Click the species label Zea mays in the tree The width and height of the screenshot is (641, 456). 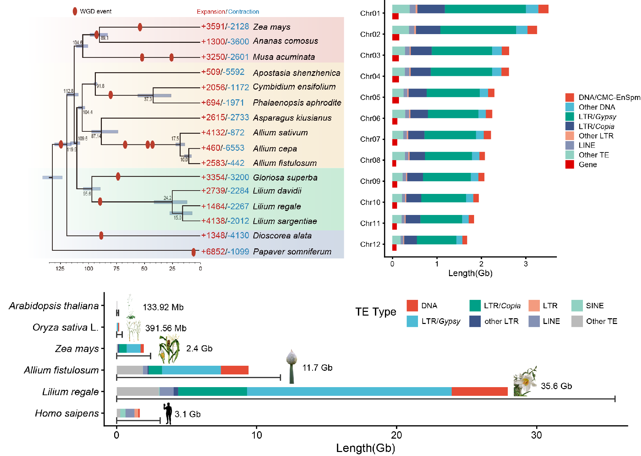coord(271,27)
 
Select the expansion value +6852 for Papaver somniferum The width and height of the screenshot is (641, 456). coord(213,251)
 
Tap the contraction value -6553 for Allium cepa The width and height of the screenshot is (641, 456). coord(236,148)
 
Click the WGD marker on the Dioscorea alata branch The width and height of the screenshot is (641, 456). coord(101,236)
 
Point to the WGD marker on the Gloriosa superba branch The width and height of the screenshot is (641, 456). coord(118,176)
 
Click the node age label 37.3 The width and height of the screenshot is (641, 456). coord(148,99)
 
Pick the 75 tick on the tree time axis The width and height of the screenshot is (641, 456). coord(116,268)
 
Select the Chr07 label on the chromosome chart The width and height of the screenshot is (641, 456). coord(370,139)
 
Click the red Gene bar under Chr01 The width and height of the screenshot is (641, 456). coord(395,16)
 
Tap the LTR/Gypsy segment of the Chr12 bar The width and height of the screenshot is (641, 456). coord(436,240)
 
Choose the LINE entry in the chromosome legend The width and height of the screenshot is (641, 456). coord(587,145)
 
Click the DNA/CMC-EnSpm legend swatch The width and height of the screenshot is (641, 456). coord(570,97)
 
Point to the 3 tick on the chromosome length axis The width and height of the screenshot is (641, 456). coord(525,264)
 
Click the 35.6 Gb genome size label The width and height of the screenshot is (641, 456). coord(556,386)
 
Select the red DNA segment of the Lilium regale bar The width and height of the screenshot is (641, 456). coord(479,391)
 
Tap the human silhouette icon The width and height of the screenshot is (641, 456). coord(168,413)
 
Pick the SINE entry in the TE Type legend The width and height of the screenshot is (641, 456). coord(594,306)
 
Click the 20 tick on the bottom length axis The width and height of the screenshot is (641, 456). coord(397,435)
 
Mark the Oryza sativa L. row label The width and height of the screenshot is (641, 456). coord(65,327)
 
